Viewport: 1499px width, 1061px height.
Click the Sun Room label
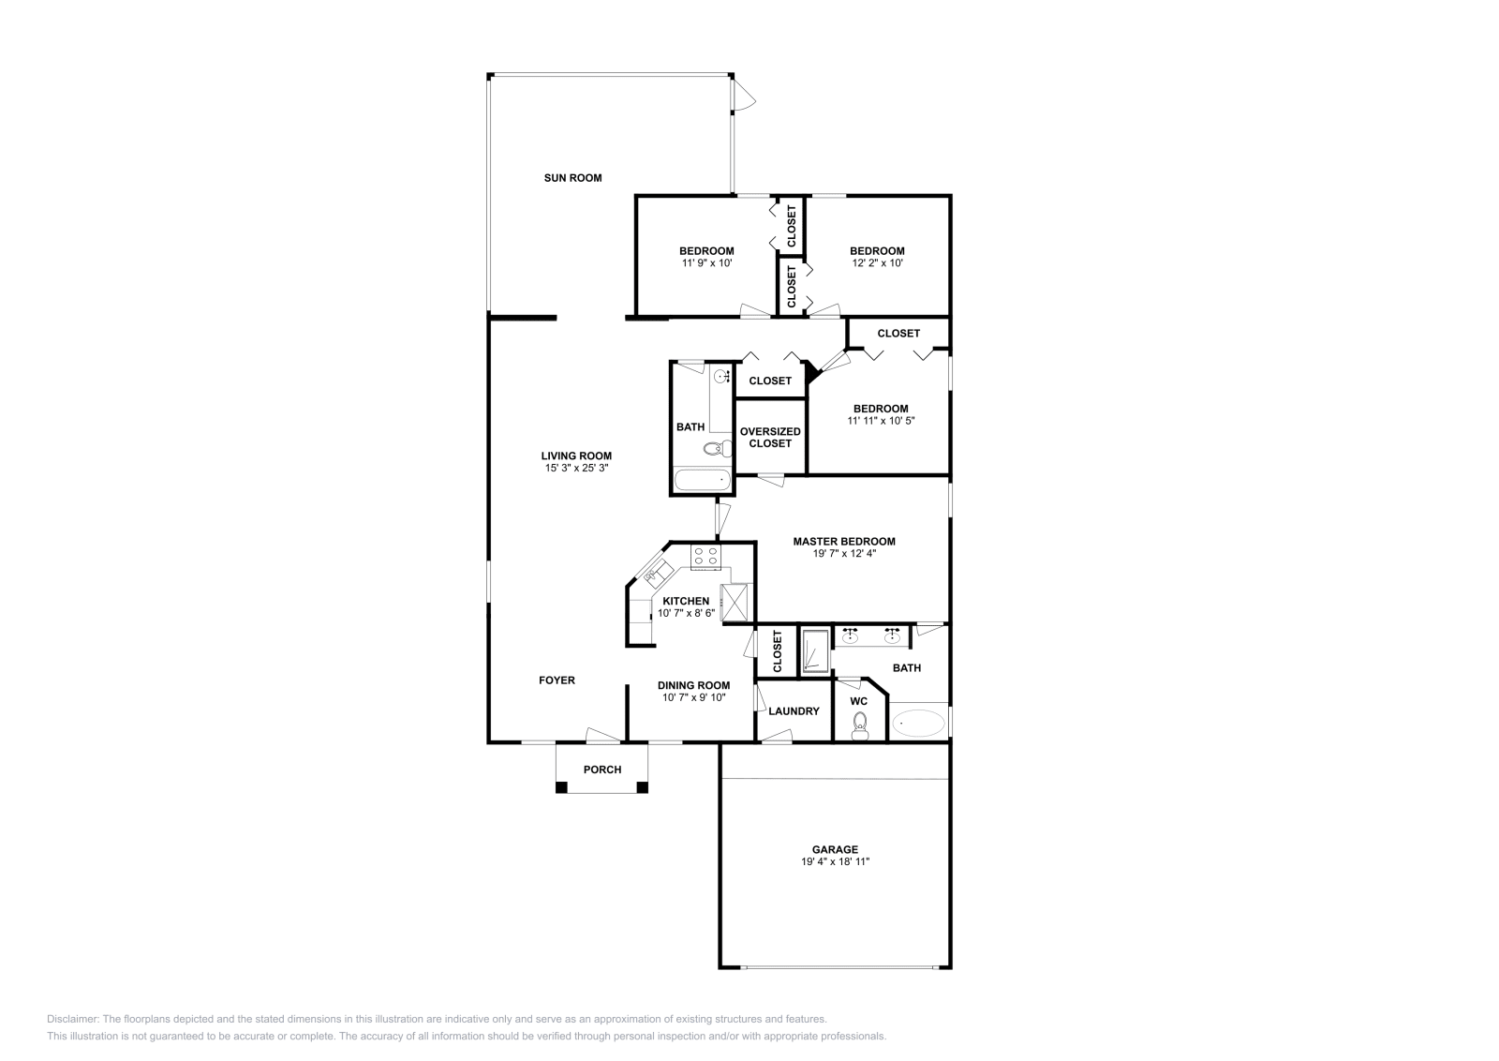tap(572, 177)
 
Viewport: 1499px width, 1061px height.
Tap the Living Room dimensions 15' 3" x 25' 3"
tap(576, 468)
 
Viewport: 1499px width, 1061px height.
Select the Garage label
tap(835, 849)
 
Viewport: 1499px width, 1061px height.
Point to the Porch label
tap(602, 770)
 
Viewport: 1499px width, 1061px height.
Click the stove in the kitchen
tap(705, 556)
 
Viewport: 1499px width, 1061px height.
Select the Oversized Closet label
tap(770, 437)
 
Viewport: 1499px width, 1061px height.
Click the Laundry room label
tap(794, 710)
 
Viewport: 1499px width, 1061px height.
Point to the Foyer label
tap(557, 680)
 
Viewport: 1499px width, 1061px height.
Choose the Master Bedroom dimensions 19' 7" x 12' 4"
tap(844, 553)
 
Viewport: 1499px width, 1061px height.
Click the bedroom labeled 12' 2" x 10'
tap(877, 257)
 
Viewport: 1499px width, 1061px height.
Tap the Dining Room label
tap(693, 685)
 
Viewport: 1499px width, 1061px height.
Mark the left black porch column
tap(561, 787)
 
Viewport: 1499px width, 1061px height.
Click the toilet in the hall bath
tap(718, 449)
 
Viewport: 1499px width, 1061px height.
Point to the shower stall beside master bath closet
tap(814, 650)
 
